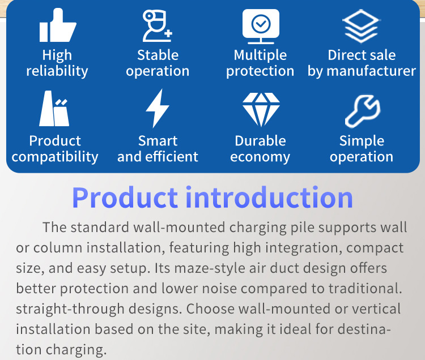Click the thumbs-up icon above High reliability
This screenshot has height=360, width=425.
[57, 26]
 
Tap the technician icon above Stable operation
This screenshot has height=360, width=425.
[157, 26]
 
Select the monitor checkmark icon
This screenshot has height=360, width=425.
[261, 26]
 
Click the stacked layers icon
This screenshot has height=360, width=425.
[361, 26]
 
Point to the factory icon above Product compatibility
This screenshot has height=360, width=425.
[55, 109]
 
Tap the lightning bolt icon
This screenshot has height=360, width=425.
[157, 109]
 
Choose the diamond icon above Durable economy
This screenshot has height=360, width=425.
[261, 109]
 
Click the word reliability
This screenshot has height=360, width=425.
[57, 71]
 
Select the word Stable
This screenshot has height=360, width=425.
[158, 55]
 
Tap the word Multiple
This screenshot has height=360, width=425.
[260, 55]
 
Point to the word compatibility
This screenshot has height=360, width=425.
[55, 157]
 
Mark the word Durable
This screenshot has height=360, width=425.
[260, 141]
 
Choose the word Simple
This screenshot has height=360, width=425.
[362, 141]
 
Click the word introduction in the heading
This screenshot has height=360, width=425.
[270, 197]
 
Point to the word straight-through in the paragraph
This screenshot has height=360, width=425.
[69, 309]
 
